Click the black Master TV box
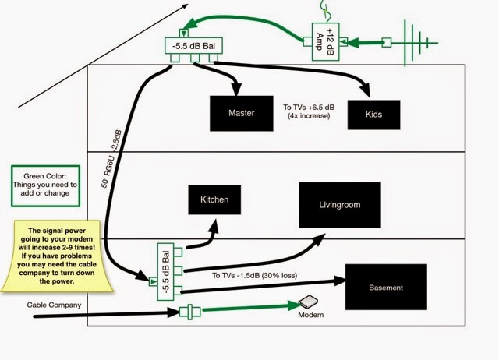pos(242,113)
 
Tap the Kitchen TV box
pos(214,200)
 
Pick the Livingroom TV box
pos(340,205)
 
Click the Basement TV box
pos(387,288)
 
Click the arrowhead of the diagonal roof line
pos(185,7)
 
